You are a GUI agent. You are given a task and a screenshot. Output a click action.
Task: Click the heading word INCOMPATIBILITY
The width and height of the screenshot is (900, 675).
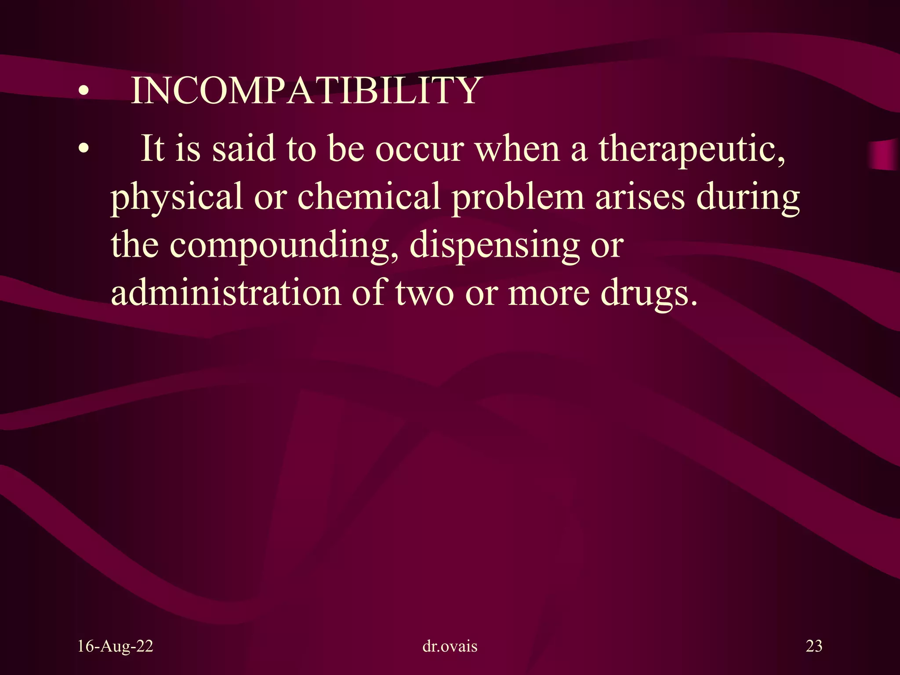(306, 91)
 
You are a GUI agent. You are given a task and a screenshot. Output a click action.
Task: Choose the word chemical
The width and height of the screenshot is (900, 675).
(369, 196)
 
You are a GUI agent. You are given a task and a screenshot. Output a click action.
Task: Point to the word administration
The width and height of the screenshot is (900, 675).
(225, 293)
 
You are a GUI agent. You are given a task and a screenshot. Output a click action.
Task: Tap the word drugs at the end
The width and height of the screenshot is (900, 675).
(649, 294)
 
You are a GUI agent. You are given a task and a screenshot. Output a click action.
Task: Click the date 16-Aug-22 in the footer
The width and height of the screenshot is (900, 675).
(115, 646)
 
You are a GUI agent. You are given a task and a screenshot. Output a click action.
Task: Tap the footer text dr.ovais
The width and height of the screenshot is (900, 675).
(450, 646)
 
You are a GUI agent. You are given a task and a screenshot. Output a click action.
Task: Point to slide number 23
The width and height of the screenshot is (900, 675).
(814, 646)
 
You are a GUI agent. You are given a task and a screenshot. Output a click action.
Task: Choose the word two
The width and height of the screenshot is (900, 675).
(425, 293)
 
